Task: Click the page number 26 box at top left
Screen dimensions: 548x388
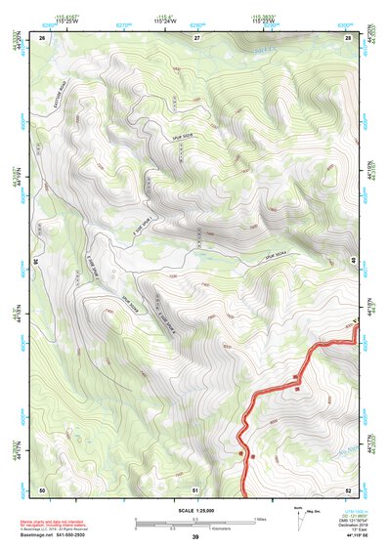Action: (42, 37)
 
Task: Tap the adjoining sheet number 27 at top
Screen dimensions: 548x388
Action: (195, 37)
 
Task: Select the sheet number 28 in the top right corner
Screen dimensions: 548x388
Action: (349, 37)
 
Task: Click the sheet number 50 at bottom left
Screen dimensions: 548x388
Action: (42, 488)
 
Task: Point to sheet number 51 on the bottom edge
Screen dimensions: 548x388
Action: (195, 488)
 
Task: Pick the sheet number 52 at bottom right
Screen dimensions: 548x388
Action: (349, 488)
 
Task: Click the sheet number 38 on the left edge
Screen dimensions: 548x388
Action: (36, 262)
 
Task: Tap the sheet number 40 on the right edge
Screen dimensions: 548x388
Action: (355, 262)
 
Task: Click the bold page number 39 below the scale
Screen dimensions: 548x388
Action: (195, 537)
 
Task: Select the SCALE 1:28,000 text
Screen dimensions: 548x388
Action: (195, 511)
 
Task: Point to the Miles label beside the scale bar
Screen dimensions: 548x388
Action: (261, 518)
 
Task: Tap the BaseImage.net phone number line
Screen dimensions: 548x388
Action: (55, 534)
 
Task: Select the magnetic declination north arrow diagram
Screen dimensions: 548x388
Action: (299, 515)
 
